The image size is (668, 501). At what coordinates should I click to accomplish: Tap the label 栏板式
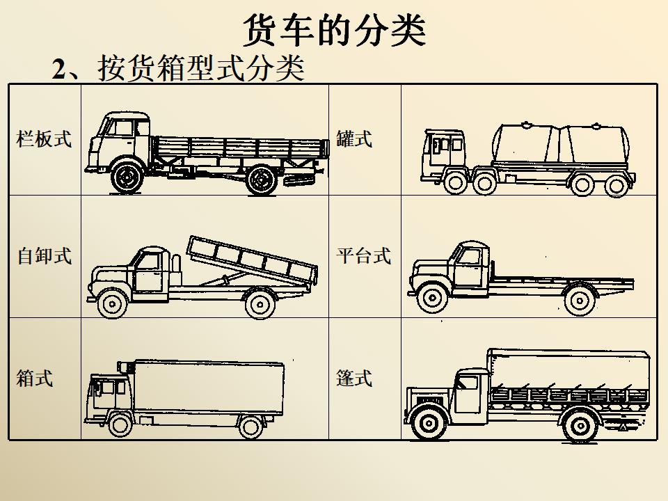[x=44, y=138]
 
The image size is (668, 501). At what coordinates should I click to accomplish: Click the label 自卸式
[x=44, y=255]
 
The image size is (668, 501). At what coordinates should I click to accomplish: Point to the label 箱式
[x=35, y=379]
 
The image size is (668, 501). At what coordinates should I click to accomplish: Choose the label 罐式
[x=354, y=138]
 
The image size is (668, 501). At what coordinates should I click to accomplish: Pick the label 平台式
[x=363, y=255]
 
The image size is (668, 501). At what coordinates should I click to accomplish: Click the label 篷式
[x=354, y=379]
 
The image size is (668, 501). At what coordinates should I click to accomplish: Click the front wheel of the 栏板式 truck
[x=127, y=178]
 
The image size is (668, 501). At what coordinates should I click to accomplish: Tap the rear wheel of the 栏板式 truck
[x=262, y=180]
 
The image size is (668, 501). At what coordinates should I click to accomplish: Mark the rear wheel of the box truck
[x=250, y=425]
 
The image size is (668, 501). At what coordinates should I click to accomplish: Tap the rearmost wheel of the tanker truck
[x=615, y=185]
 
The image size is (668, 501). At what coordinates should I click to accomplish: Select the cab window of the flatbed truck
[x=469, y=257]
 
